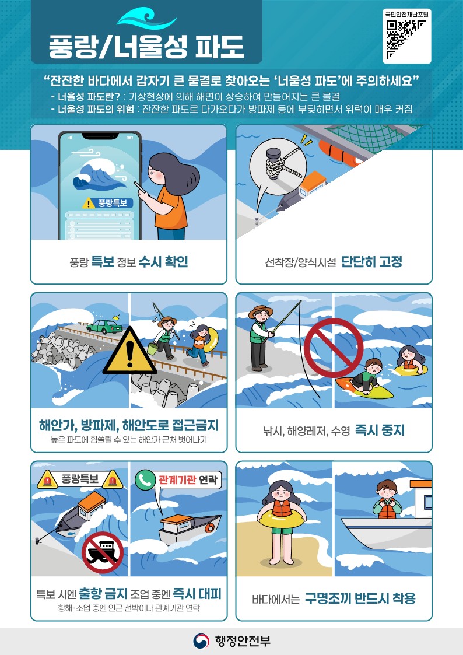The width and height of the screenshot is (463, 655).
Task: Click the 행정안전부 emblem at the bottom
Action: click(x=202, y=641)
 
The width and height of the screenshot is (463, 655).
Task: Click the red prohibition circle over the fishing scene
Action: click(x=334, y=348)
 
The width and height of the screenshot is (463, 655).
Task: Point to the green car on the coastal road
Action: click(x=106, y=327)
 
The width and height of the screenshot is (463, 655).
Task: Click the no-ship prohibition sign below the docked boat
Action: click(x=103, y=552)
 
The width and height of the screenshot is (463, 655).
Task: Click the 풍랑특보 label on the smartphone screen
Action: click(x=108, y=203)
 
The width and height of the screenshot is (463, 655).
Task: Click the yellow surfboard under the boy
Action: click(x=364, y=388)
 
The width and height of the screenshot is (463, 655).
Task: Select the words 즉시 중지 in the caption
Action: click(x=380, y=430)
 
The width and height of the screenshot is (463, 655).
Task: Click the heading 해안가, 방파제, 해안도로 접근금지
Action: click(x=128, y=424)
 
